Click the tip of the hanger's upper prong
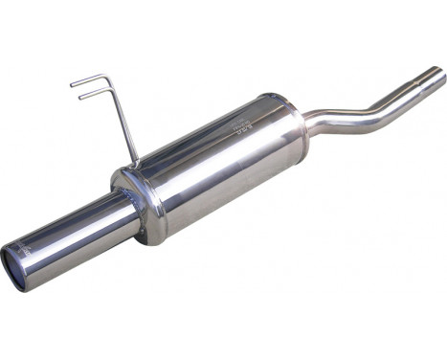[x=72, y=85]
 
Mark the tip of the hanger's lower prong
[x=80, y=96]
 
